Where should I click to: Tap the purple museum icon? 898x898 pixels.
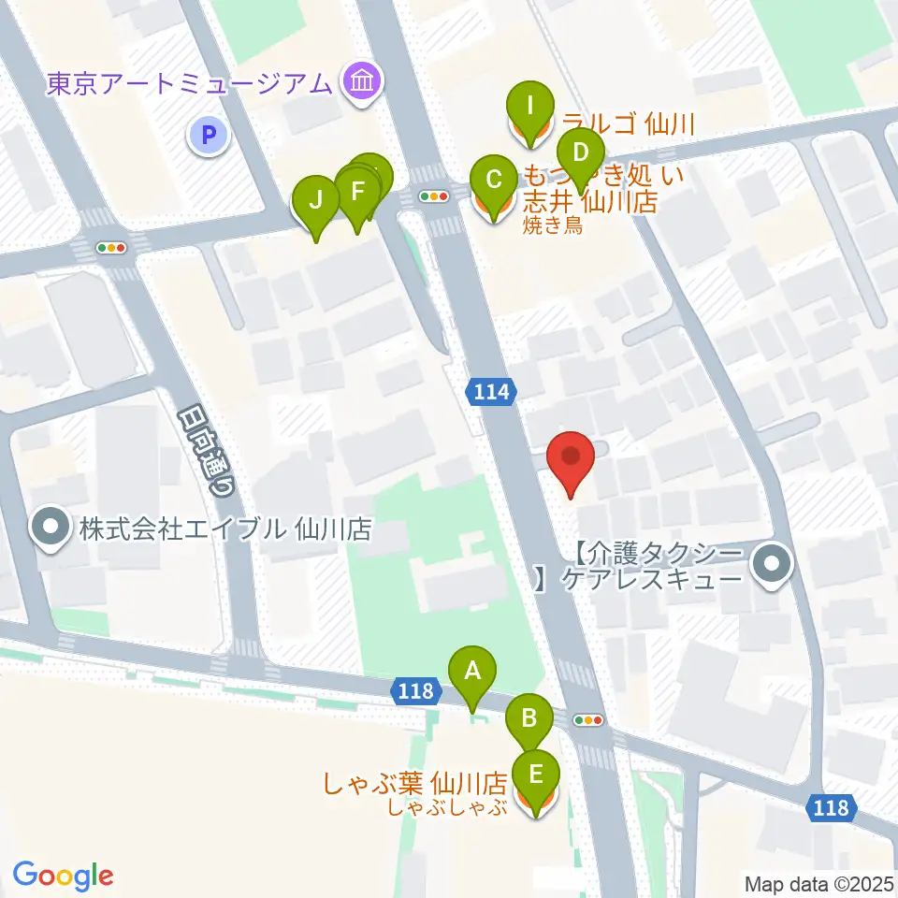click(x=360, y=83)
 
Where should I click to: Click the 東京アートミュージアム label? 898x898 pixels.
click(x=190, y=83)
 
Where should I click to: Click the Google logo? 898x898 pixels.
click(x=63, y=876)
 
